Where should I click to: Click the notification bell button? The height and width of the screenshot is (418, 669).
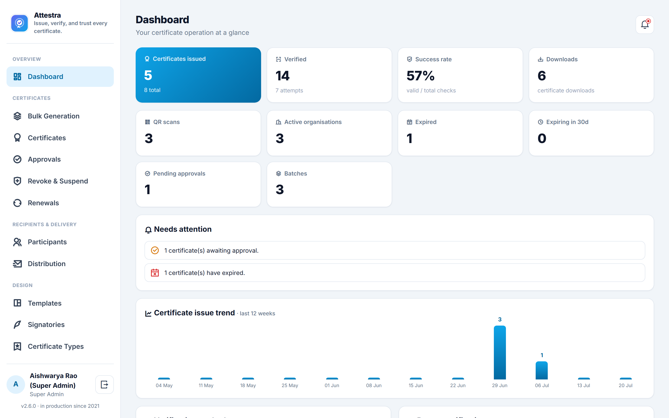coord(645,25)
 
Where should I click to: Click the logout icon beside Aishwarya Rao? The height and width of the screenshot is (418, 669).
coord(105,385)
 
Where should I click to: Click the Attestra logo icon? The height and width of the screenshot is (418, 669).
coord(19,23)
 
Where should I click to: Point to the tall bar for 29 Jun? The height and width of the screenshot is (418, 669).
coord(500,353)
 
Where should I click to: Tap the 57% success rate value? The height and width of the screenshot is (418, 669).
coord(420,76)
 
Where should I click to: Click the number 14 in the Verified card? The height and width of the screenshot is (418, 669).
coord(282,76)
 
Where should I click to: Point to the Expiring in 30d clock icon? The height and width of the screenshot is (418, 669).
coord(541,122)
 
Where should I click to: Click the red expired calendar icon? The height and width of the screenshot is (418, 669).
coord(155,273)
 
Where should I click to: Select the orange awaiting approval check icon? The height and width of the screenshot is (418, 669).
coord(155,251)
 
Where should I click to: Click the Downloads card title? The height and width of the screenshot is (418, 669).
coord(562,59)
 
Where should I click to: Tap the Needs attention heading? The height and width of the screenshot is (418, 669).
coord(183,229)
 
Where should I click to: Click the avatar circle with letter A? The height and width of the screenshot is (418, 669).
coord(16,384)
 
